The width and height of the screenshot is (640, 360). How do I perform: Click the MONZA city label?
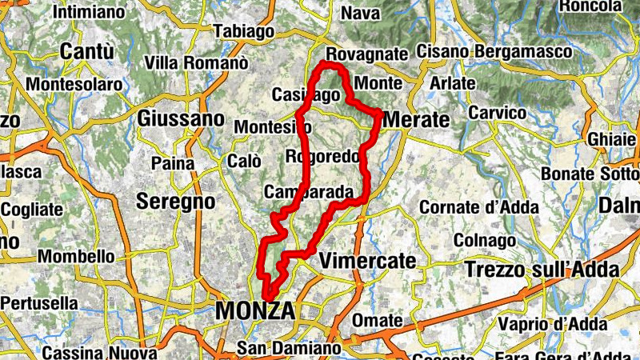[x=255, y=311]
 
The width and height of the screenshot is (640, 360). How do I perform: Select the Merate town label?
[x=417, y=119]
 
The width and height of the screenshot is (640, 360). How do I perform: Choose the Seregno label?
[x=175, y=201]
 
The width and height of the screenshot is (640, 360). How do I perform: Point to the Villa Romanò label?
[x=197, y=62]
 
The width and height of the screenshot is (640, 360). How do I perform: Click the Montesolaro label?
[x=71, y=84]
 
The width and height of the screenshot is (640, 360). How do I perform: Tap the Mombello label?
[x=76, y=257]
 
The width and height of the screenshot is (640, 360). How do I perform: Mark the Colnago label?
[x=485, y=240]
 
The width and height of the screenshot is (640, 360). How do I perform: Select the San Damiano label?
[x=289, y=349]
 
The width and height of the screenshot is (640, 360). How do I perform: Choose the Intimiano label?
[x=89, y=12]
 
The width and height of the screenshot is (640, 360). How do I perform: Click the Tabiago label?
[x=245, y=31]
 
